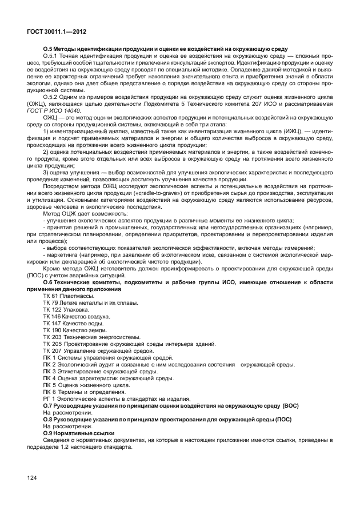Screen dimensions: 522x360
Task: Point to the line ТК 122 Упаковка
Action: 66,309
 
